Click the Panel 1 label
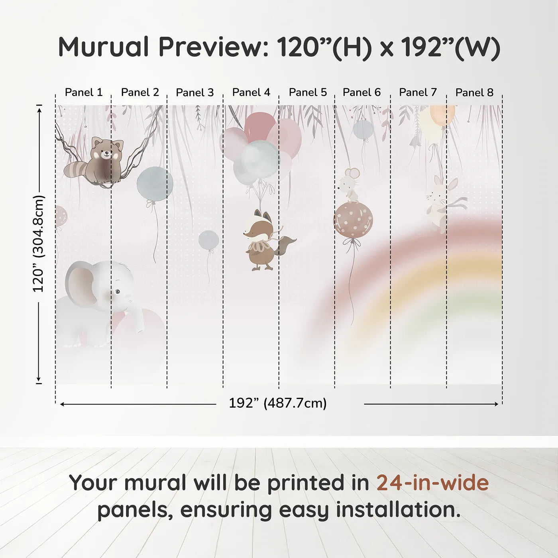84,92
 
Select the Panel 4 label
251,92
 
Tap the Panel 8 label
474,92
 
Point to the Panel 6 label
362,92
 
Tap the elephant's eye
117,292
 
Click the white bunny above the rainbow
442,203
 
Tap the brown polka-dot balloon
353,220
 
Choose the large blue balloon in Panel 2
155,184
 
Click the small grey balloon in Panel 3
208,240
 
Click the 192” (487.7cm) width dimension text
278,403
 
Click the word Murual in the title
103,47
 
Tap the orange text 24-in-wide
432,483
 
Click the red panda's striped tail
78,170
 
